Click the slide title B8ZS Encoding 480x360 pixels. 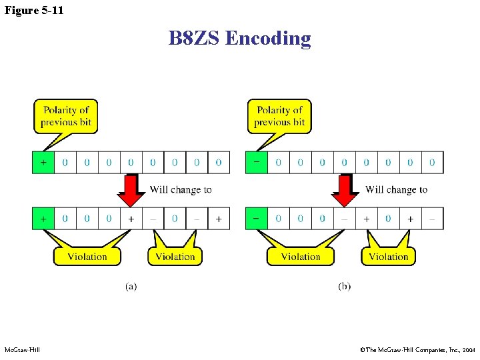(x=239, y=38)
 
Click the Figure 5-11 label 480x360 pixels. (x=34, y=10)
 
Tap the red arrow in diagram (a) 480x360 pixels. (x=131, y=191)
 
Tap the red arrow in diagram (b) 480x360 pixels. (x=345, y=191)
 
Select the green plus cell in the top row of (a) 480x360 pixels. (x=43, y=162)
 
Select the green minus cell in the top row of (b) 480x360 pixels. (x=257, y=162)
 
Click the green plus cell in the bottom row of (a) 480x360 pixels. (x=43, y=218)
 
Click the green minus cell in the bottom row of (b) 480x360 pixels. (x=257, y=218)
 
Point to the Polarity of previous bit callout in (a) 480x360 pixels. (x=65, y=116)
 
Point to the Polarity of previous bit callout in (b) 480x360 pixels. (x=279, y=116)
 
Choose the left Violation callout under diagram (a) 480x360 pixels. (x=87, y=256)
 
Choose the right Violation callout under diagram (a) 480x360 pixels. (x=175, y=256)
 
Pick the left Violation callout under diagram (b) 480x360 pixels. (x=301, y=256)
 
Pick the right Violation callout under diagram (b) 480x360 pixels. (x=388, y=256)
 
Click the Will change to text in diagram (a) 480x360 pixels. (x=181, y=190)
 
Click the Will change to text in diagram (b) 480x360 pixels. (x=396, y=190)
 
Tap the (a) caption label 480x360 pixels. (x=131, y=286)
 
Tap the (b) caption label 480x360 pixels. (x=345, y=286)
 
